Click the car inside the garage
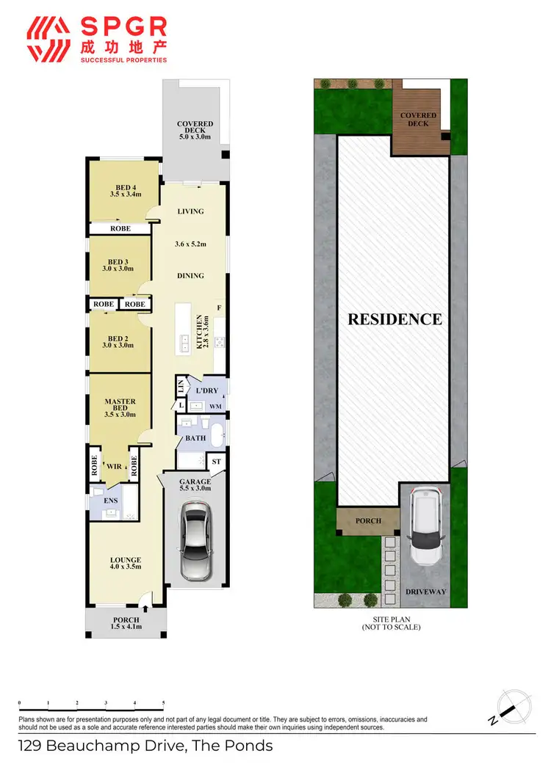click(x=196, y=536)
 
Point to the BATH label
click(x=195, y=438)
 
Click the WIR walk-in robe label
click(x=114, y=465)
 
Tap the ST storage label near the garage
click(x=216, y=462)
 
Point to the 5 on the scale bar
click(x=163, y=703)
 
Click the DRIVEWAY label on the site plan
click(x=426, y=591)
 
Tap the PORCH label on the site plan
click(x=368, y=520)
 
